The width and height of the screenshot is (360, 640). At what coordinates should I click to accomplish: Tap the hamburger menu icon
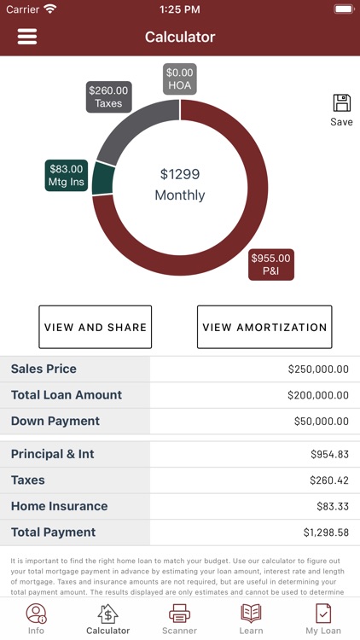point(27,37)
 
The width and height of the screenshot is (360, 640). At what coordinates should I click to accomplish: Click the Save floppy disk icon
point(341,104)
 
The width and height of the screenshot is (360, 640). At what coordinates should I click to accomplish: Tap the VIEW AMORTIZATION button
point(264,327)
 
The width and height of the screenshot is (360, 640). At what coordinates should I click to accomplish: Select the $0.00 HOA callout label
point(180,79)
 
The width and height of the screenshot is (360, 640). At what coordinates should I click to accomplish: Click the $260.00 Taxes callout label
point(108,97)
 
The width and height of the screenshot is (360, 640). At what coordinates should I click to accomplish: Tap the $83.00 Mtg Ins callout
point(67,176)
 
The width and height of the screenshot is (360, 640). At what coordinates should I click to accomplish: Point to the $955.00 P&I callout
point(270,265)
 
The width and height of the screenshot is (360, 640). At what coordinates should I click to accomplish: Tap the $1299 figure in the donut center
point(180,174)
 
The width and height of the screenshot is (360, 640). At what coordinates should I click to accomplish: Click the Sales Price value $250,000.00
point(318,369)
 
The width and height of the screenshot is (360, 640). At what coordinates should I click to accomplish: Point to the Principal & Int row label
point(53,454)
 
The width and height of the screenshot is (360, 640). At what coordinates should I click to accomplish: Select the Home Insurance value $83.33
point(329,507)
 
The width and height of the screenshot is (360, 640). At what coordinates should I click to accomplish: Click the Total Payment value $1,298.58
point(325,532)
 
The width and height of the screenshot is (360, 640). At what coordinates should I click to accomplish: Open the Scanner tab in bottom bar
point(179,619)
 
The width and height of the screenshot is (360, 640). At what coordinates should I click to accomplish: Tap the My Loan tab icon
point(323,614)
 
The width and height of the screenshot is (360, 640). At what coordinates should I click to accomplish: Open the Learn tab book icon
point(251,614)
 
